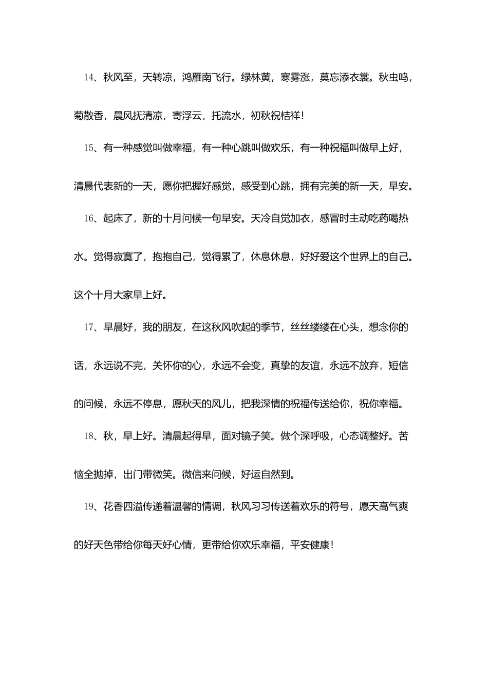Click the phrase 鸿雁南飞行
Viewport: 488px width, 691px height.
pyautogui.click(x=205, y=78)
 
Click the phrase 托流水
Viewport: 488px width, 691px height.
pyautogui.click(x=226, y=116)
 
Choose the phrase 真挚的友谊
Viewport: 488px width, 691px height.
pyautogui.click(x=295, y=366)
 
